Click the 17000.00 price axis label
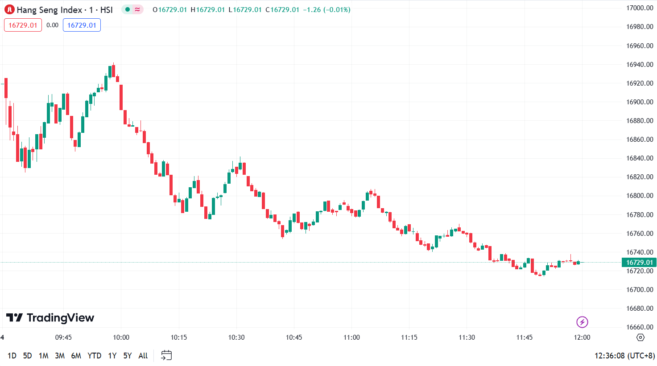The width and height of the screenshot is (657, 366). [x=640, y=8]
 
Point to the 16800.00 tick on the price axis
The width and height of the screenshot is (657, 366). [x=640, y=196]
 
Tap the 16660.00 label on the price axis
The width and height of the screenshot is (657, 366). [x=640, y=327]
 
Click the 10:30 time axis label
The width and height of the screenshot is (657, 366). [x=236, y=337]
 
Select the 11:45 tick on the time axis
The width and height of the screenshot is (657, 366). [x=525, y=337]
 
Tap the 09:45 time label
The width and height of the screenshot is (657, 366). [x=63, y=337]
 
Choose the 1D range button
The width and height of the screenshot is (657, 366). [x=12, y=356]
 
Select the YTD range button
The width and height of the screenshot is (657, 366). [x=94, y=356]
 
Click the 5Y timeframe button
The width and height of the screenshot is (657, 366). [x=128, y=356]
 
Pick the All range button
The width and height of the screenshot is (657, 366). [x=143, y=356]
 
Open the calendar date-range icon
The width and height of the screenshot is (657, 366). [x=166, y=355]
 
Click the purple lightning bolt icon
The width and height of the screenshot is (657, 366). [x=582, y=322]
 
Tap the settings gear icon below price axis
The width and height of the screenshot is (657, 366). [x=640, y=337]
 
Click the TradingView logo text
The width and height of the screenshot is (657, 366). [x=50, y=318]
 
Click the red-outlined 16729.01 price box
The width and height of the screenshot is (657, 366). [x=23, y=25]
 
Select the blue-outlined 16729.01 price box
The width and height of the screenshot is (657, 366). [x=82, y=25]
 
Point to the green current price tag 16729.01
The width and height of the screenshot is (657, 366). [x=639, y=263]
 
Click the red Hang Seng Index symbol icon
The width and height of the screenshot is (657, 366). [x=9, y=10]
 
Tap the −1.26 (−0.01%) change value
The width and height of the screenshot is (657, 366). [x=326, y=10]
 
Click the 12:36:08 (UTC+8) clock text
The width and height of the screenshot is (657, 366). [x=624, y=356]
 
